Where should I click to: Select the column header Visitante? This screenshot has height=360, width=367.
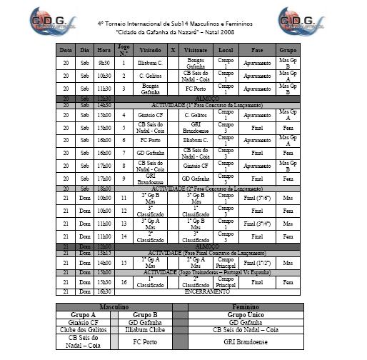pos(196,50)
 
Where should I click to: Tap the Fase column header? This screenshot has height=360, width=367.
pos(257,50)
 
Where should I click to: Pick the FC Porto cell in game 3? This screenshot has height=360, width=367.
pos(196,89)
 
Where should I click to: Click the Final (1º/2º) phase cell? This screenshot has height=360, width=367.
pos(257,263)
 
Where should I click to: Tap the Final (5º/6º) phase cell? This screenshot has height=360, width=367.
pos(257,196)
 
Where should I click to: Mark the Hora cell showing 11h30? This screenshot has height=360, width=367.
pos(104,89)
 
